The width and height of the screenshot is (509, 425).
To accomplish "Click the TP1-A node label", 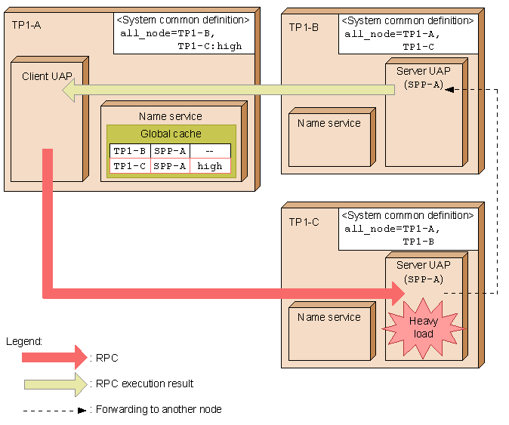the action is click(x=26, y=25).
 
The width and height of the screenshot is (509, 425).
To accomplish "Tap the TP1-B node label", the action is click(x=304, y=27).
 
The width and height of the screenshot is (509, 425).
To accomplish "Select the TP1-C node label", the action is click(x=304, y=222).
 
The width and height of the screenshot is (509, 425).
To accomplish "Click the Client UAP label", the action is click(x=47, y=76).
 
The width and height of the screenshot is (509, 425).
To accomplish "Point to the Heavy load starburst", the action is click(x=424, y=328).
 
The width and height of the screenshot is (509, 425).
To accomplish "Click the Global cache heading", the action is click(x=171, y=134).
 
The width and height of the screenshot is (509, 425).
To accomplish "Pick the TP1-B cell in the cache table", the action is click(x=130, y=151).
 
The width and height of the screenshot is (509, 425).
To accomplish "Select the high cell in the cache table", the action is click(x=210, y=166).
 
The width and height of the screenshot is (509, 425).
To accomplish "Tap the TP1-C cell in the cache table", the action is click(x=130, y=166).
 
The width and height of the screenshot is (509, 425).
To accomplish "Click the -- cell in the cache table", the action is click(x=210, y=151).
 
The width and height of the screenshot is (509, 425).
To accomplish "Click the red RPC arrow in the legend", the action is click(x=54, y=358).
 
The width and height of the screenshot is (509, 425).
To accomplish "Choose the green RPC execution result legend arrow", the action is click(x=56, y=384).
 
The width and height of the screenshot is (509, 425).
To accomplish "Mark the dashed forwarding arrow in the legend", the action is click(x=54, y=411).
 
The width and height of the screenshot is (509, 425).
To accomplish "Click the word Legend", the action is click(x=24, y=342).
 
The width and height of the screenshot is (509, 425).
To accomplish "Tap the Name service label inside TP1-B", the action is click(x=329, y=123).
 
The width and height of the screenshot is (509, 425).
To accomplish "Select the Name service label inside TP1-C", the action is click(x=329, y=317).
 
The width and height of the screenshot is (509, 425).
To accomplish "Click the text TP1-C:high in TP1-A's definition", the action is click(x=210, y=46).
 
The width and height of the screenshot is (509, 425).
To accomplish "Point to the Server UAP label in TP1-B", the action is click(x=424, y=71).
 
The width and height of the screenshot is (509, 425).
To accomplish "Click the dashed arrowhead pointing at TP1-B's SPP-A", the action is click(x=449, y=90).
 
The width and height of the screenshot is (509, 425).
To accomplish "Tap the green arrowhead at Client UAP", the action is click(x=69, y=90).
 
